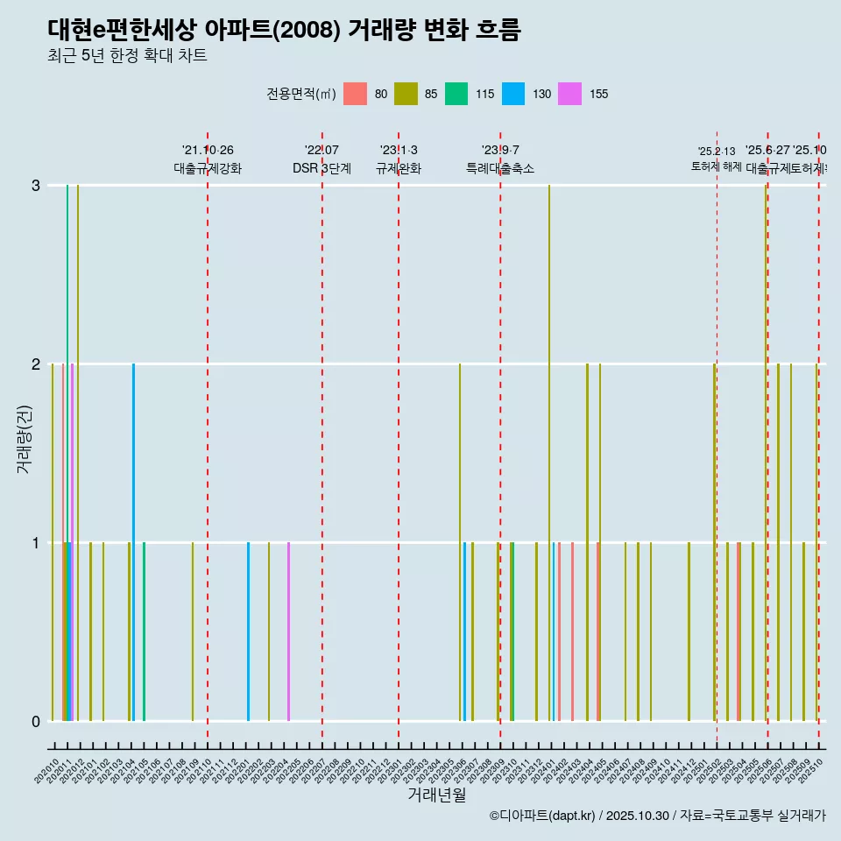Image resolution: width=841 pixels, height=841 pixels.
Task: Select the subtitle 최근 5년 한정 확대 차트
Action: pos(127,56)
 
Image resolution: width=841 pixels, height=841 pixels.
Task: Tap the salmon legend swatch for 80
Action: pos(355,94)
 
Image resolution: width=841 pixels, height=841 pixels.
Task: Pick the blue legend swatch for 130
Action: pos(513,94)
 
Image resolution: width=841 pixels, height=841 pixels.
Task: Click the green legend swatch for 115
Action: pos(456,94)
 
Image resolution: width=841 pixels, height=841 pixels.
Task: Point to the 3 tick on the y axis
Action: pos(36,186)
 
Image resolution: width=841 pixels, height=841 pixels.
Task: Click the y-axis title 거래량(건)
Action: pos(24,438)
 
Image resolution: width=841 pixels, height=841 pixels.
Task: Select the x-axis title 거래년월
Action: pos(436,795)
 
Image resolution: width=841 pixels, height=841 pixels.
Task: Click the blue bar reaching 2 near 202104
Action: pos(133,526)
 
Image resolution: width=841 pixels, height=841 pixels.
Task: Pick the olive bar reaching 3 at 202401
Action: pos(549,438)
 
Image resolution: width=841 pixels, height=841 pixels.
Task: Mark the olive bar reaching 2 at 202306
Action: pos(460,526)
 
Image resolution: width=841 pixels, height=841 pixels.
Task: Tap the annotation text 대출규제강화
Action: pos(208,168)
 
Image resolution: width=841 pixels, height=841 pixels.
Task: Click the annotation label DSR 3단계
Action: pos(322,168)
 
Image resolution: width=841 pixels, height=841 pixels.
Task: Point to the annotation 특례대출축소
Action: pos(499,168)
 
